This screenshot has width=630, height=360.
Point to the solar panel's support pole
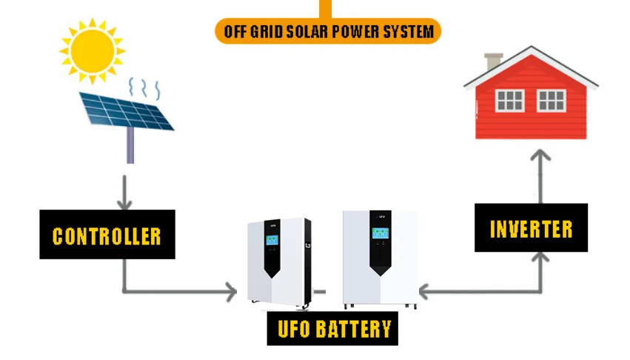130,145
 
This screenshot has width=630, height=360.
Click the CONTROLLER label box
107,235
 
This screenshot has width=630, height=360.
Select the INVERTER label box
531,228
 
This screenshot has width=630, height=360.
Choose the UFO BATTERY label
332,328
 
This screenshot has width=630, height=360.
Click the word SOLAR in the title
312,32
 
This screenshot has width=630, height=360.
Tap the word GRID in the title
269,32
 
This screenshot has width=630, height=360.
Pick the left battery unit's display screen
272,241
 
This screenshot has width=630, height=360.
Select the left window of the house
509,100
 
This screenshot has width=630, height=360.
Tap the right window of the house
551,100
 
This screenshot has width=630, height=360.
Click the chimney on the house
493,61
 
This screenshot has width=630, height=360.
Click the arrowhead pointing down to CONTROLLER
124,202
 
